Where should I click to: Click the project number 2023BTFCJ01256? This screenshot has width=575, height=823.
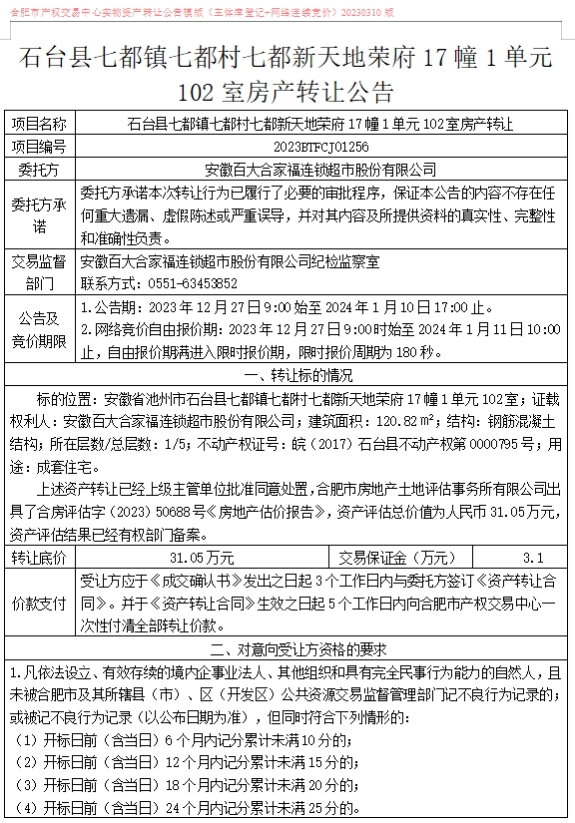320,146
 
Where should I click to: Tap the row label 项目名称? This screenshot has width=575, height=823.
40,125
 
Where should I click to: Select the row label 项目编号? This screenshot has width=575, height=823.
40,146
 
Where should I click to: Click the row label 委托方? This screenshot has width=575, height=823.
40,168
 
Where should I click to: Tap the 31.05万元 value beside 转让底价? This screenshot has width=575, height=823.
203,558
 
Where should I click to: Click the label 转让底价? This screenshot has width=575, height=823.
40,558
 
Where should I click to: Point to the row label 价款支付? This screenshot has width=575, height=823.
40,604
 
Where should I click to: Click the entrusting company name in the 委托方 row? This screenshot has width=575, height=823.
320,168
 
